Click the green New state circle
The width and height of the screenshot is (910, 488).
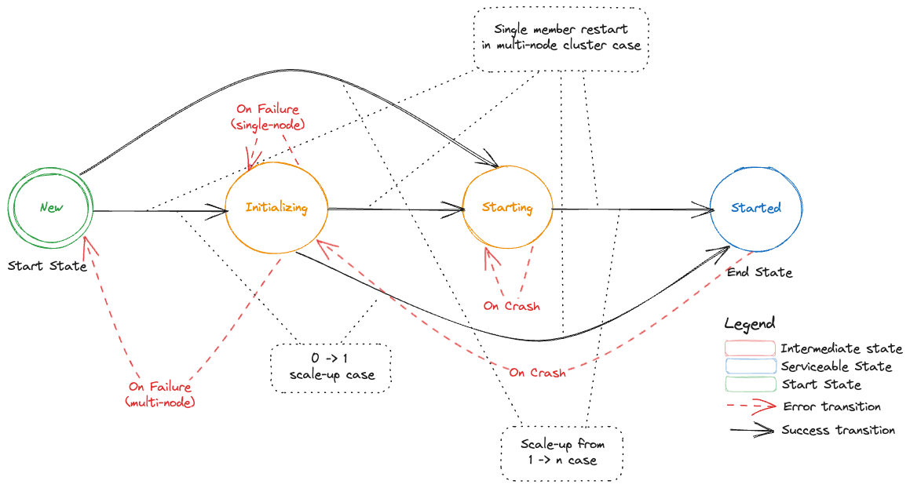(51, 208)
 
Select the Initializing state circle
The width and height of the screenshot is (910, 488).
(276, 208)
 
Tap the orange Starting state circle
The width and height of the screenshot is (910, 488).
(506, 208)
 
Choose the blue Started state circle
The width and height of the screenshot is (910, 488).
(755, 208)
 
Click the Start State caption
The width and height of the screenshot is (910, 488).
(47, 266)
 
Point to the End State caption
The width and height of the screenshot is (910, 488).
(759, 272)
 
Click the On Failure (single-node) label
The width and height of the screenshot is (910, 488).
(269, 117)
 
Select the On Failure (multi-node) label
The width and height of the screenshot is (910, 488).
(160, 395)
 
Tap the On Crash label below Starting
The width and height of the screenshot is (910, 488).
(512, 306)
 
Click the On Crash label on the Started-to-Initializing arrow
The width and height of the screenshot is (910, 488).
(537, 373)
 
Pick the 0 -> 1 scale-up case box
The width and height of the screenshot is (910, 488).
(331, 367)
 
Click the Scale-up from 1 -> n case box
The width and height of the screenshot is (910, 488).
(561, 453)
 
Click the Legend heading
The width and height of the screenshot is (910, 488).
(749, 323)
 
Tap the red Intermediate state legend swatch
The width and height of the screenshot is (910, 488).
(749, 348)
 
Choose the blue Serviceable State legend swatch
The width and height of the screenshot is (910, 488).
(749, 366)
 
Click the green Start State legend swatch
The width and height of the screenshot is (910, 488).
(749, 384)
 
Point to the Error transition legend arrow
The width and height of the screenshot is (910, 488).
(749, 406)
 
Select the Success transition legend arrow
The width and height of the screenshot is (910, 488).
(749, 430)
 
